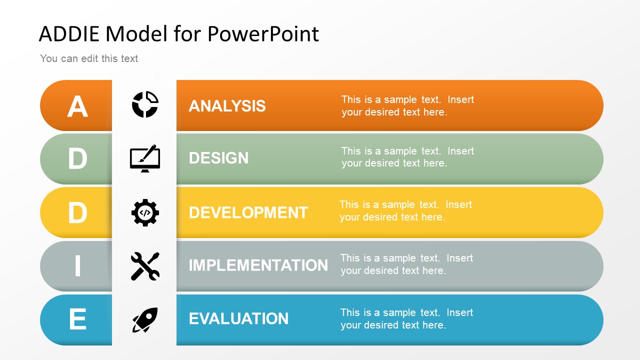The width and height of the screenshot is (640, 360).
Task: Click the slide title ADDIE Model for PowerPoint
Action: tap(178, 34)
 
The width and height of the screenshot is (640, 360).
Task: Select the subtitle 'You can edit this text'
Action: tap(89, 58)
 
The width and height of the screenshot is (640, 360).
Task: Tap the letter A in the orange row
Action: tap(77, 106)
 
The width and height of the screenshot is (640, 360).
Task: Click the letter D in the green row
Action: tap(77, 159)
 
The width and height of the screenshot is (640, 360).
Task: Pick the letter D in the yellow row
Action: tap(77, 213)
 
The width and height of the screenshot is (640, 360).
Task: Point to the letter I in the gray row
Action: tap(77, 266)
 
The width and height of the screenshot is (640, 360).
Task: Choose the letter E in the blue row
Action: tap(77, 319)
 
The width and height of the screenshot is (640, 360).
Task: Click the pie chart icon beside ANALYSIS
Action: tap(145, 105)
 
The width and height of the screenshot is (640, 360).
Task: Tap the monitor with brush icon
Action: tap(145, 158)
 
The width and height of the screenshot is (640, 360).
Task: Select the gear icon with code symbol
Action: tap(145, 212)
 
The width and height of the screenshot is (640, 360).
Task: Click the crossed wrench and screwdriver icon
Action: tap(145, 266)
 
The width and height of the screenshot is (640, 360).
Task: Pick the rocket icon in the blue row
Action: tap(145, 320)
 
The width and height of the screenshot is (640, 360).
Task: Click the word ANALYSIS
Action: tap(227, 106)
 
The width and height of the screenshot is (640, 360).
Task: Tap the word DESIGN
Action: tap(218, 158)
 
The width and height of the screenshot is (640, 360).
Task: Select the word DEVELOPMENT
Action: tap(248, 212)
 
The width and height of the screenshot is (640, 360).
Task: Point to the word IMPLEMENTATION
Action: tap(258, 265)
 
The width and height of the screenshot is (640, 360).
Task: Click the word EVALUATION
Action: tap(238, 318)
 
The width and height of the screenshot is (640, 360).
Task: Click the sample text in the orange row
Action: tap(407, 105)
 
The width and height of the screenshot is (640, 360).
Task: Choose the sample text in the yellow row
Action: tap(405, 210)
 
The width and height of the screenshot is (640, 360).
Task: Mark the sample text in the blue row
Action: tap(406, 318)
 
